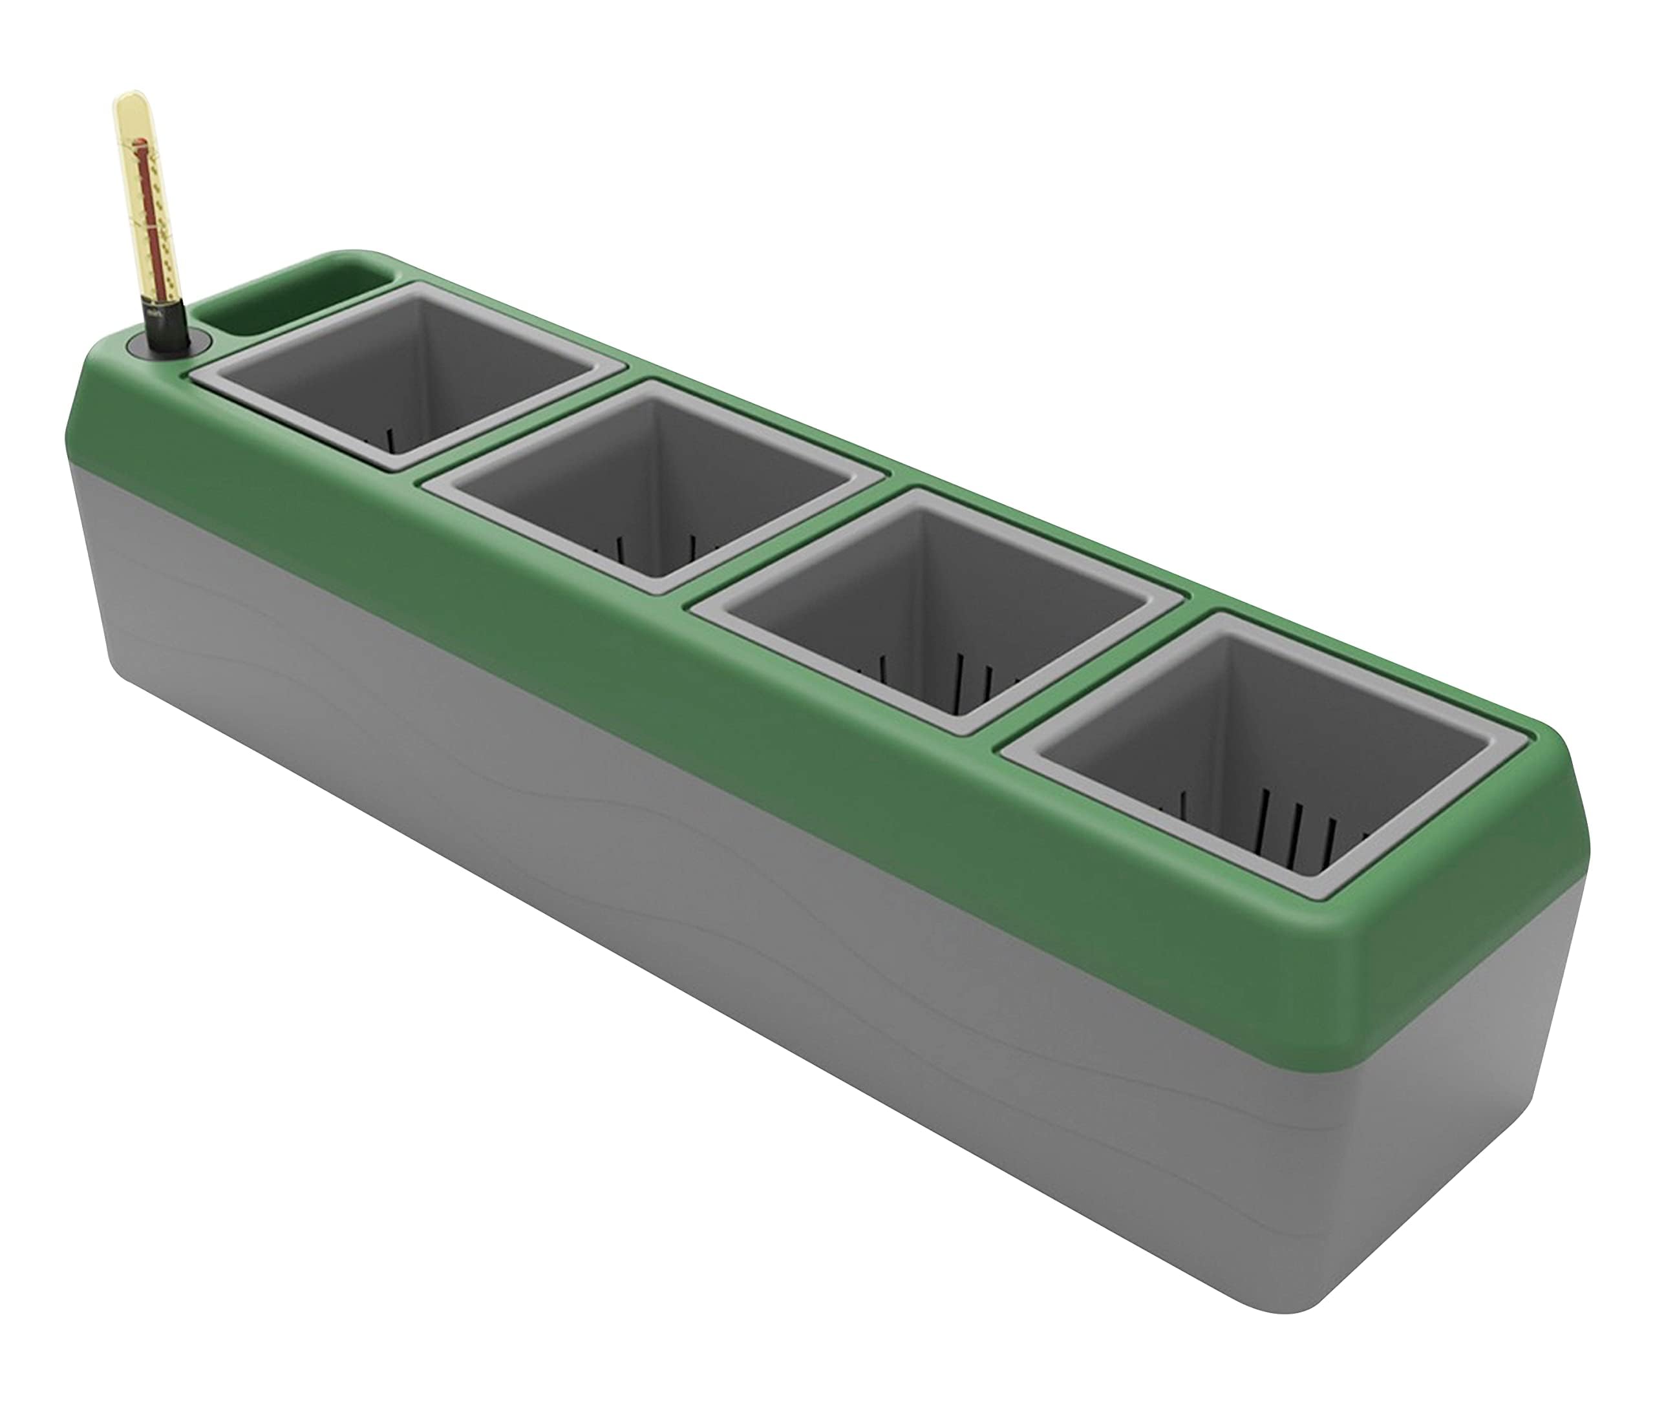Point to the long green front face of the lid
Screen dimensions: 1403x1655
coord(637,628)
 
